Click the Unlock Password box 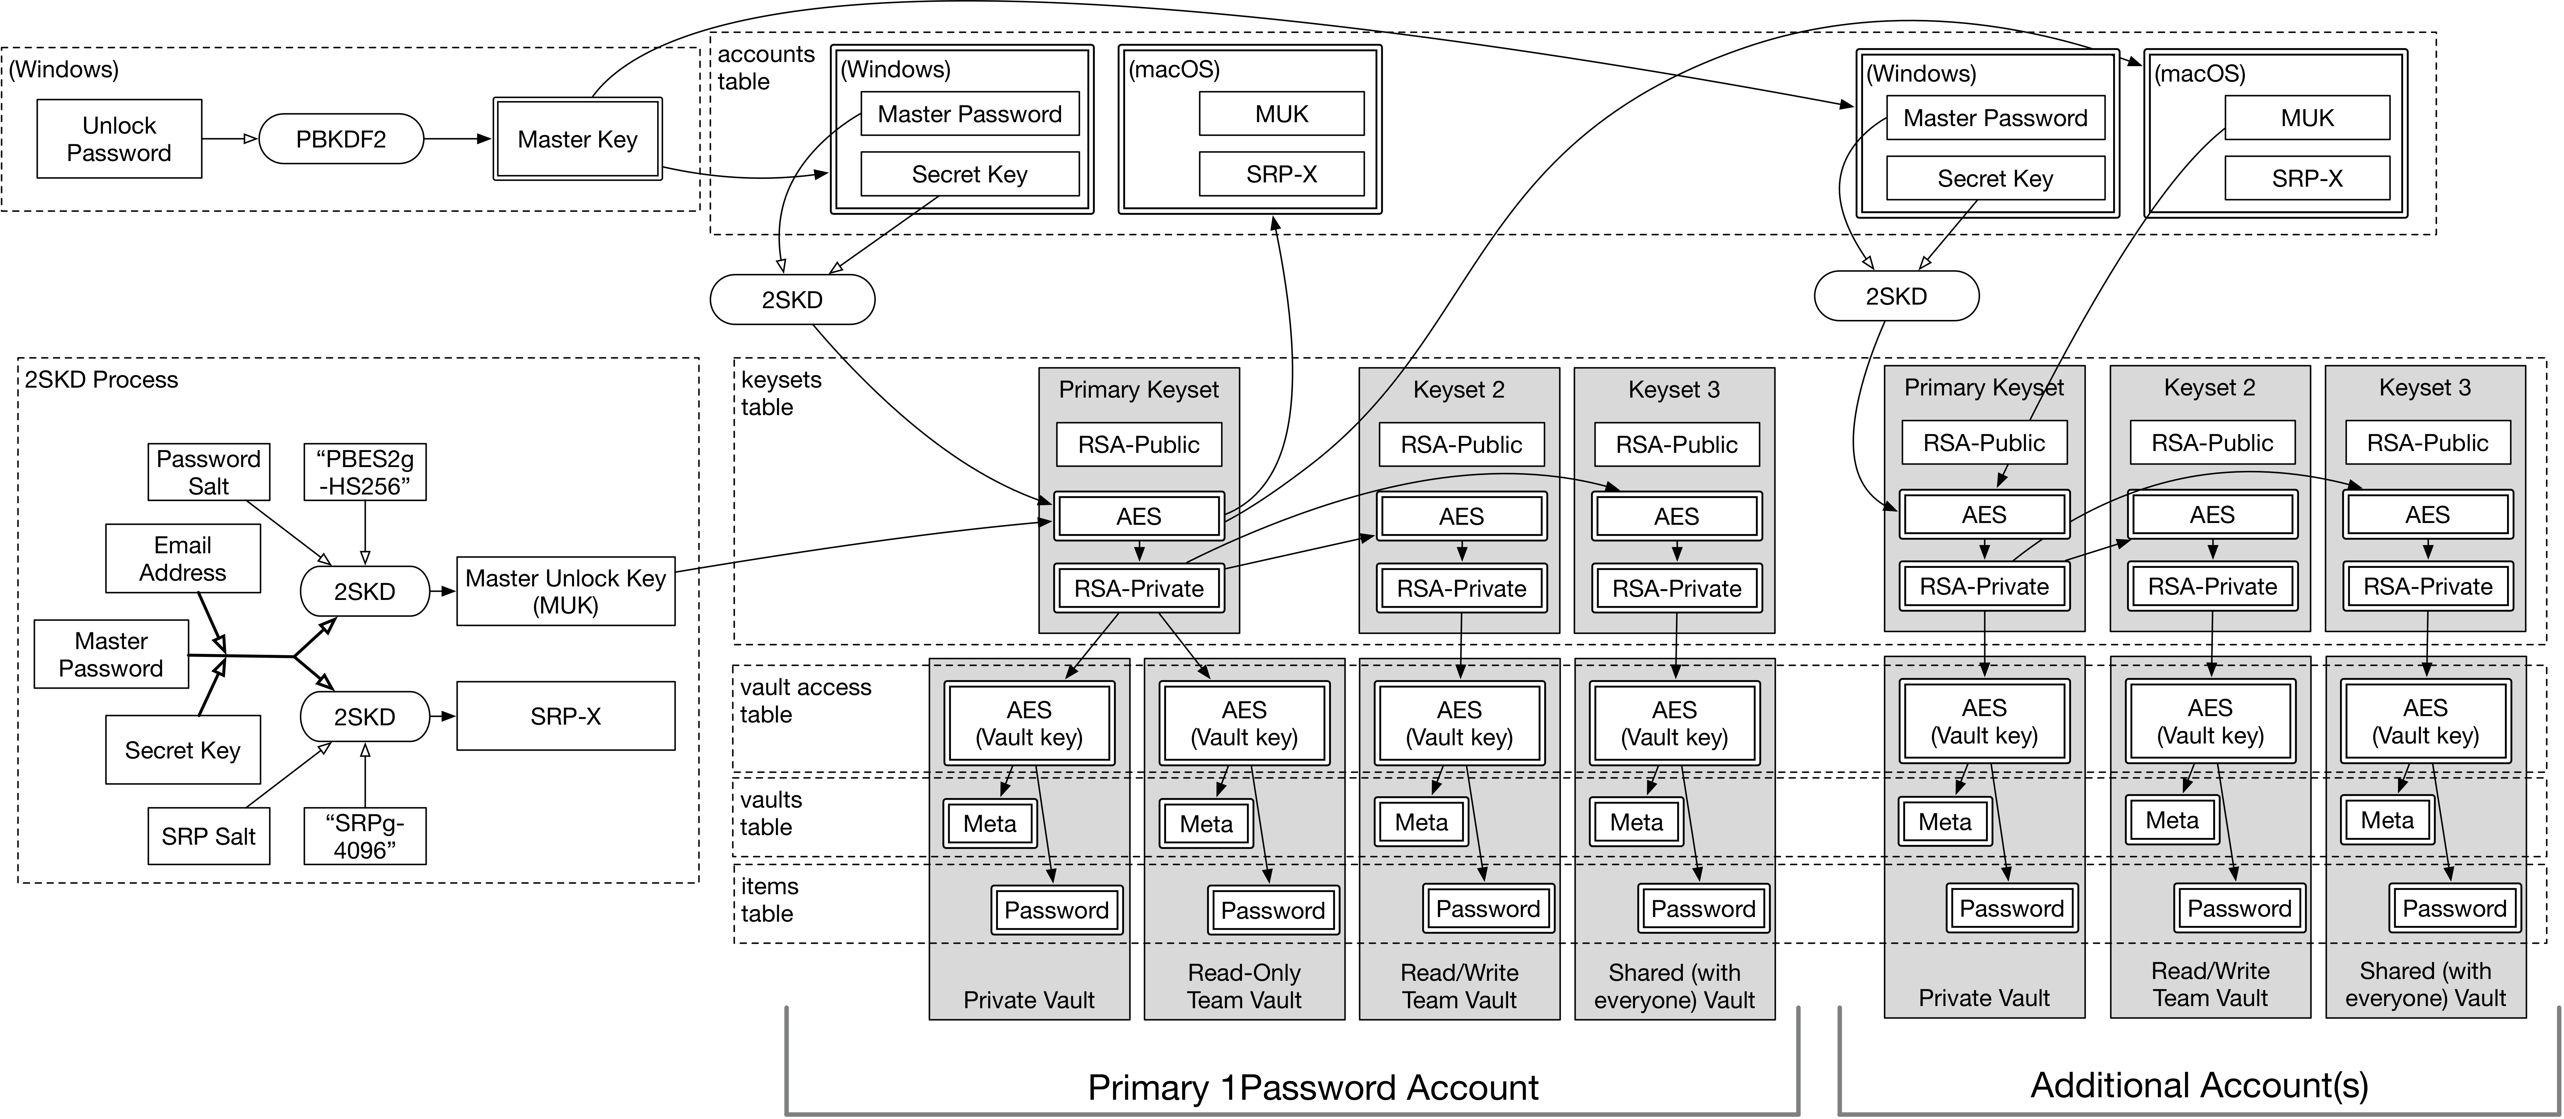(x=119, y=139)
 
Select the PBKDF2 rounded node (x=340, y=139)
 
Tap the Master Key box (x=577, y=139)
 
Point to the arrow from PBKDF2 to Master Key (x=458, y=139)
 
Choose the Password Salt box (x=208, y=472)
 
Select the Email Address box (x=183, y=559)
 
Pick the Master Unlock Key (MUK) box (x=565, y=591)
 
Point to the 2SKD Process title (x=102, y=379)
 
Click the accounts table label (x=765, y=68)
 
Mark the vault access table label (x=805, y=701)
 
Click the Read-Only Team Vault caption (x=1244, y=986)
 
